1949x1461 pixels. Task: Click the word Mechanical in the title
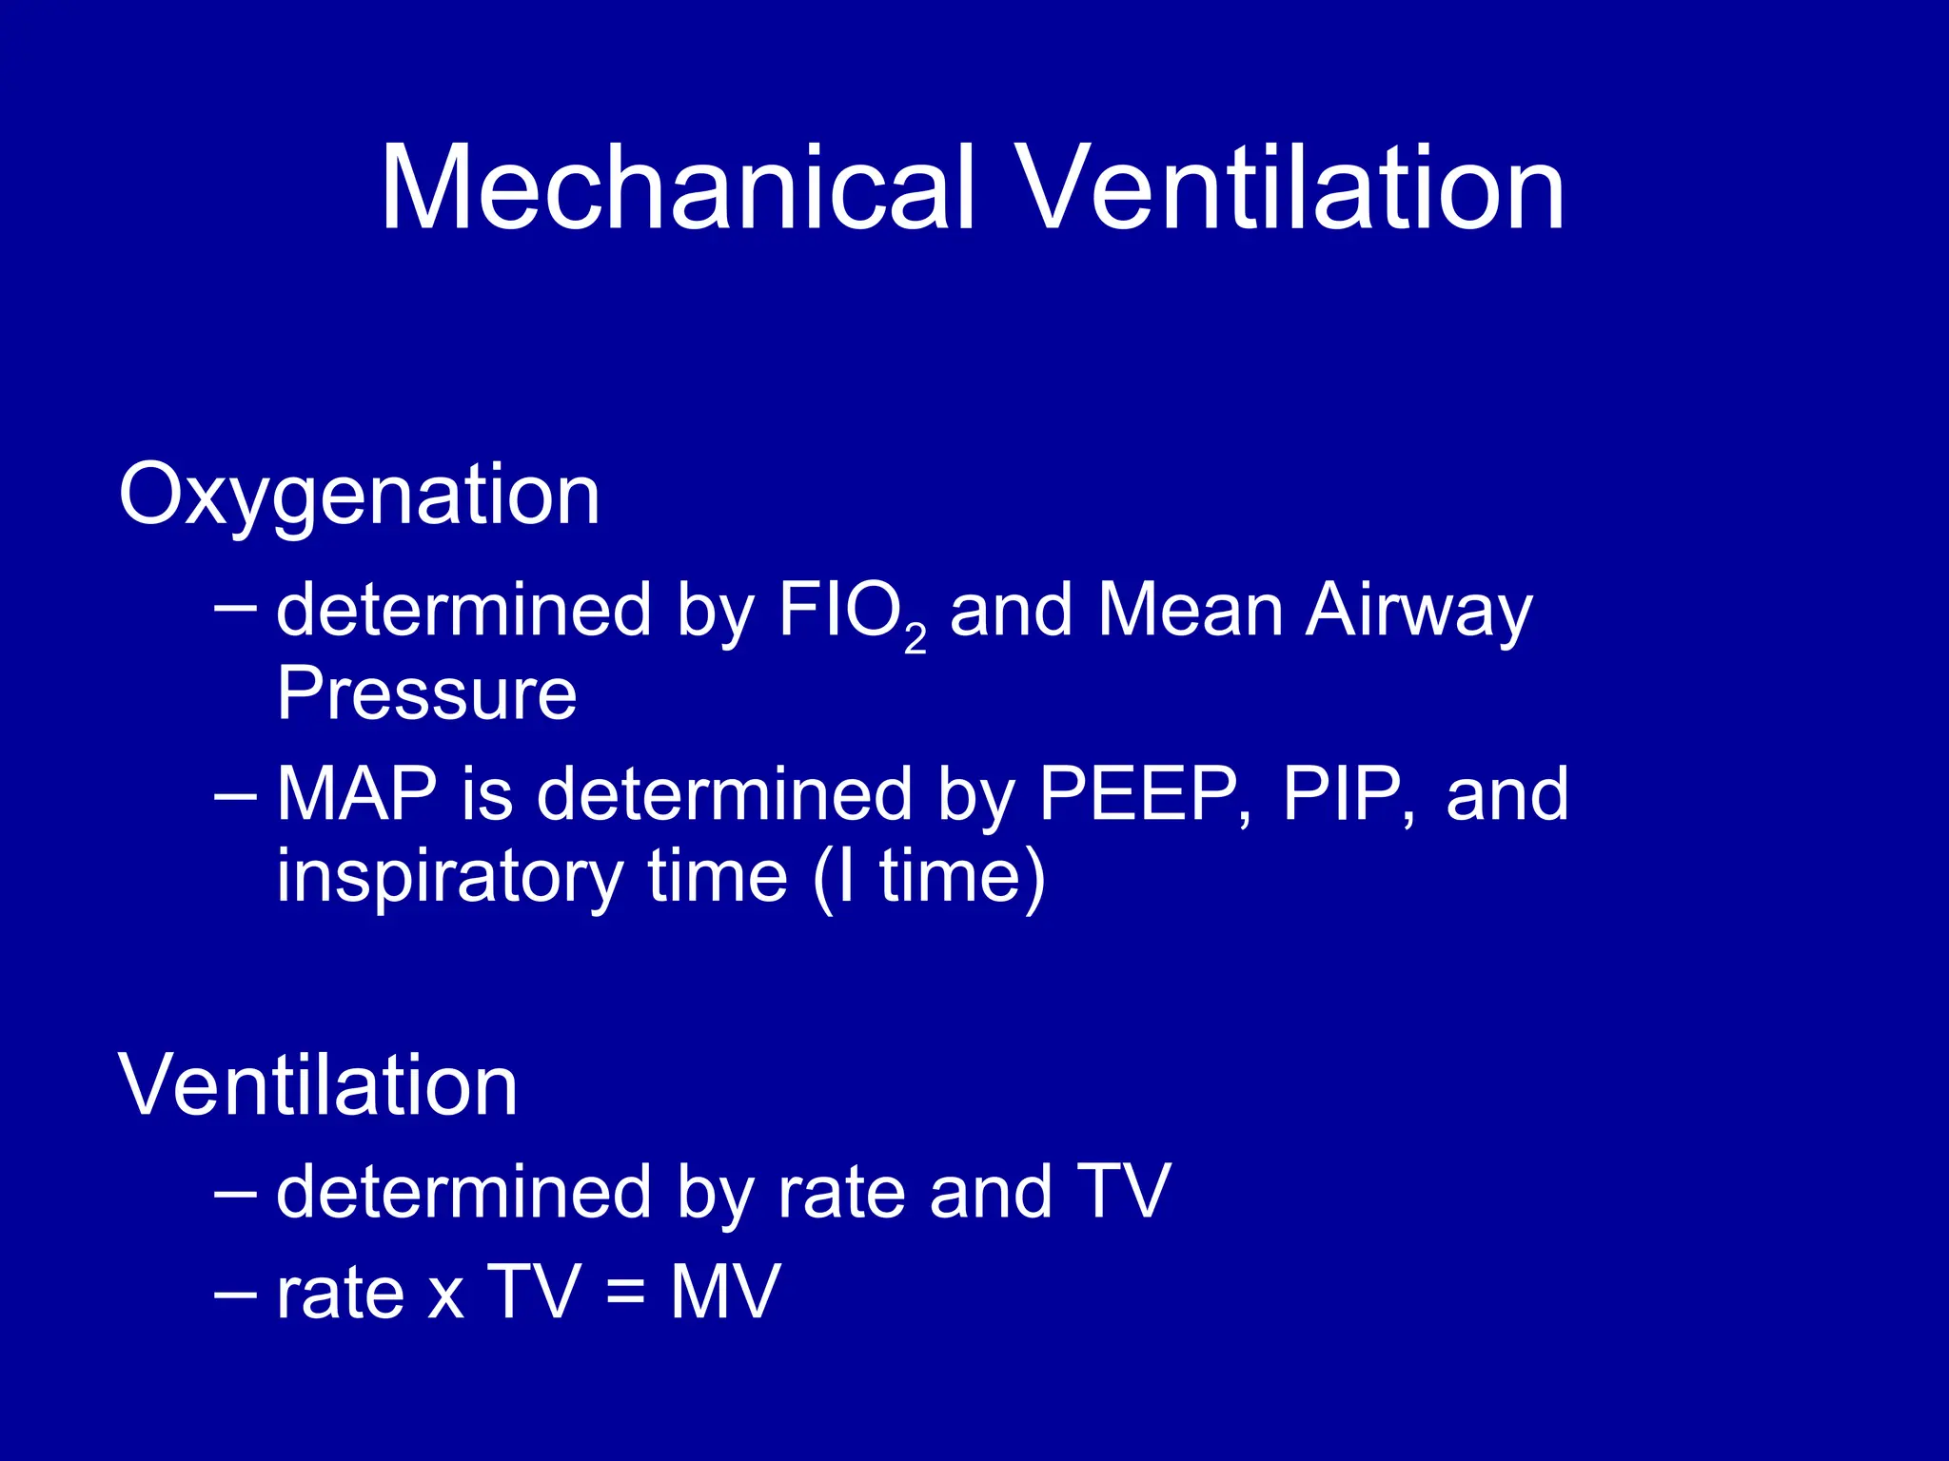tap(678, 187)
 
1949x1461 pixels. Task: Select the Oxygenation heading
tap(359, 496)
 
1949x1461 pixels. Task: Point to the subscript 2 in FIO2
tap(915, 640)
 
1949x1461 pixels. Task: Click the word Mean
tap(1190, 610)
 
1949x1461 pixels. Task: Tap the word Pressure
tap(426, 693)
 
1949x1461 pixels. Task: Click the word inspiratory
tap(449, 877)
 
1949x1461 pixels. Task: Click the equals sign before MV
tap(624, 1294)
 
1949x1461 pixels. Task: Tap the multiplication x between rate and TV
tap(446, 1295)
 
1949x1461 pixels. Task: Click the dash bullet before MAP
tap(235, 793)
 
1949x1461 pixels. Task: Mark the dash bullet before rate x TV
tap(235, 1293)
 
